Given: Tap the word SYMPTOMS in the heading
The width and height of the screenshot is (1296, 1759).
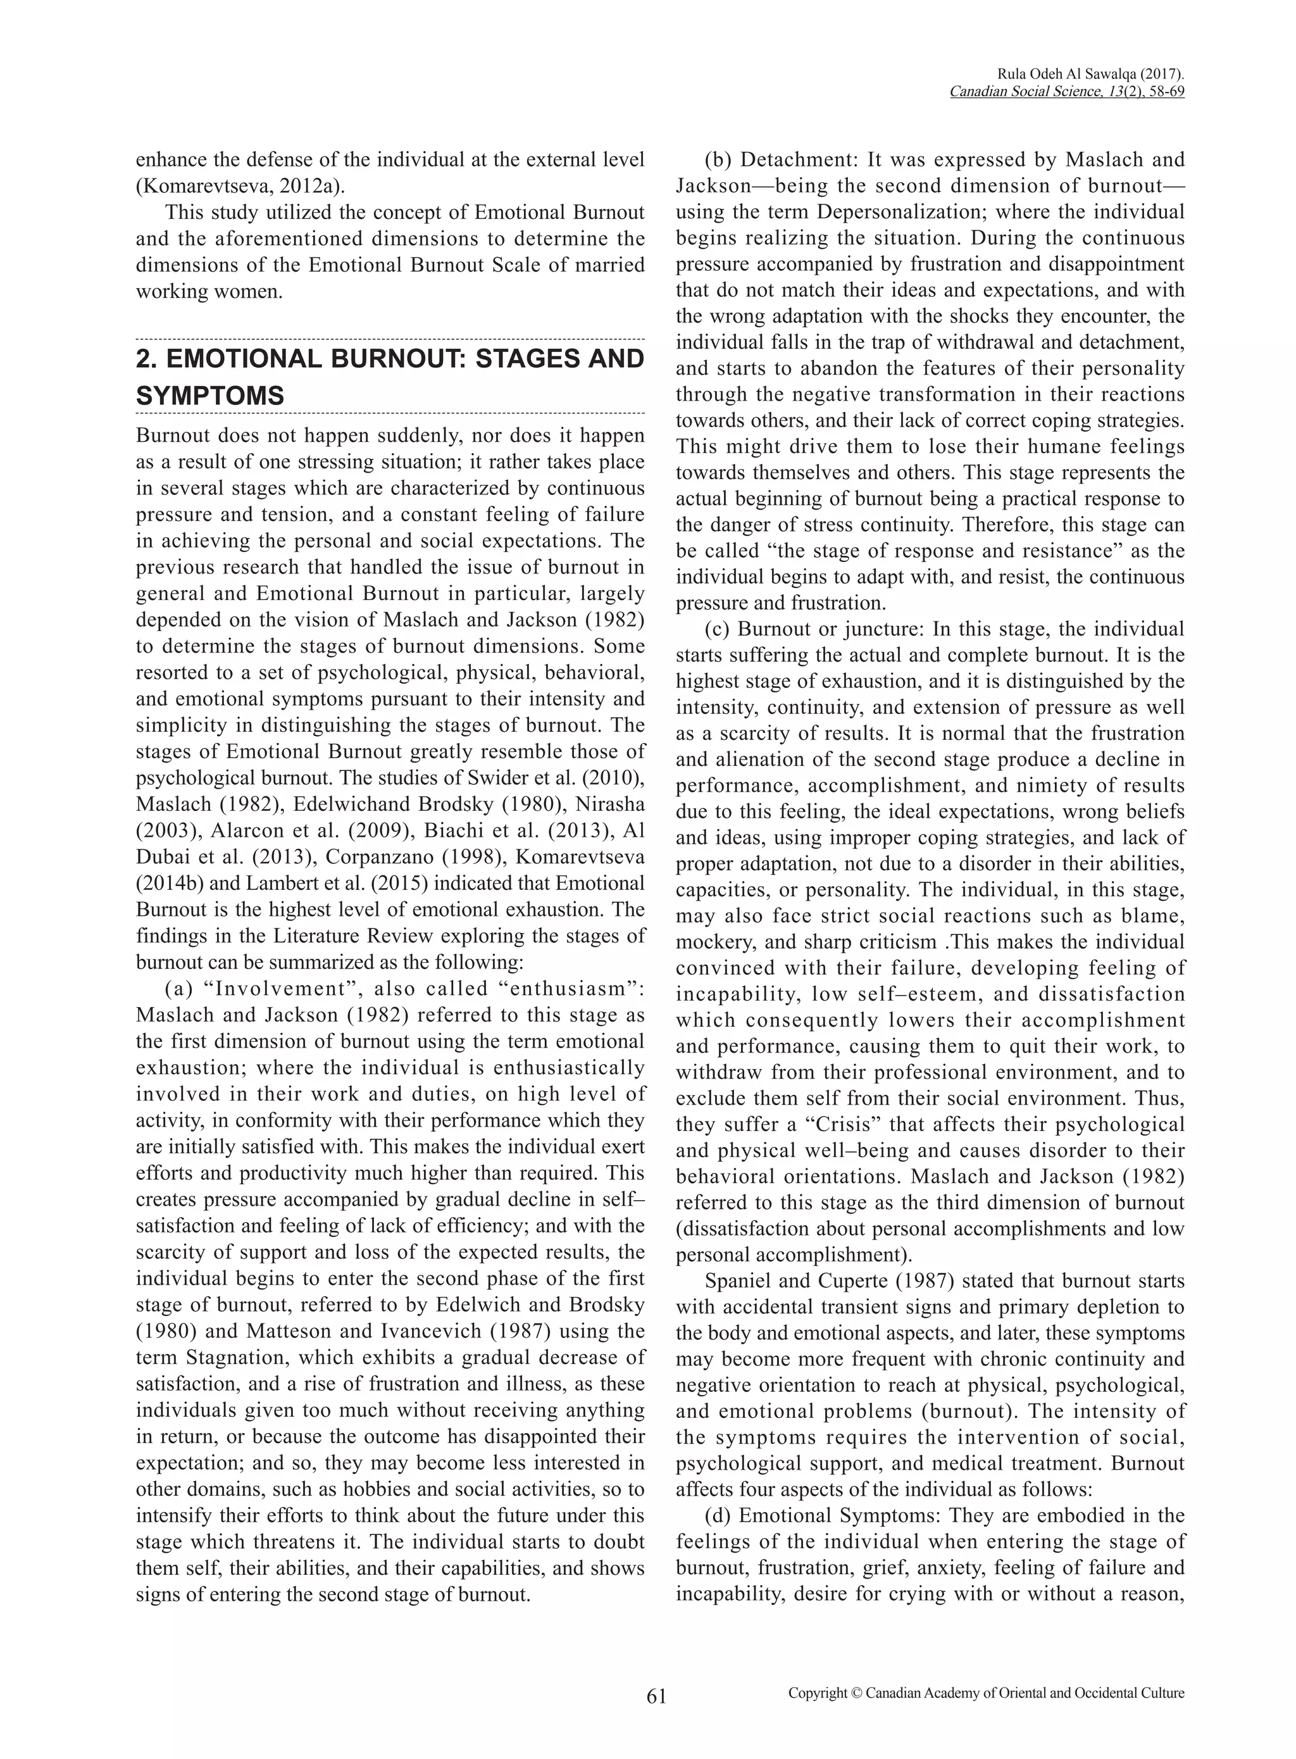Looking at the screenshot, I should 209,396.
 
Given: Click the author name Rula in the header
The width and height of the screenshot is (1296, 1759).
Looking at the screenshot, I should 1012,74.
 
